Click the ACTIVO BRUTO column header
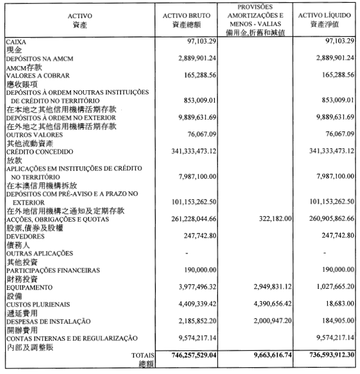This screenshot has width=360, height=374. point(186,16)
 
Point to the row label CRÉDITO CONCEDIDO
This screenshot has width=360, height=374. point(39,152)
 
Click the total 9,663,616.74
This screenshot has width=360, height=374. point(264,355)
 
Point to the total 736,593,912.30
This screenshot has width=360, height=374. point(323,355)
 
